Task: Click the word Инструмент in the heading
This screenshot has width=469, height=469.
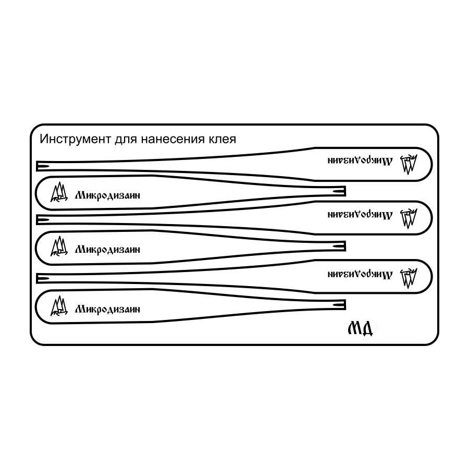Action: [x=75, y=139]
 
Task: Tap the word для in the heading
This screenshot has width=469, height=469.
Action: [x=126, y=140]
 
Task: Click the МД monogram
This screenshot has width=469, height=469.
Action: [x=360, y=328]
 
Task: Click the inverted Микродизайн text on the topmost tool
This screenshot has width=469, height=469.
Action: [x=360, y=161]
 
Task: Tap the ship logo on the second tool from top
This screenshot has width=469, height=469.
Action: [x=59, y=192]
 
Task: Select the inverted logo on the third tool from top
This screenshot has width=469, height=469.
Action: [x=409, y=218]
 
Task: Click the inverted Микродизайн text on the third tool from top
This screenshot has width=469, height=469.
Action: [x=360, y=215]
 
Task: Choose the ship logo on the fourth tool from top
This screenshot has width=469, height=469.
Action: [x=59, y=246]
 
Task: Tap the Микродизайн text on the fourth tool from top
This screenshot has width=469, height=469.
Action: [x=107, y=250]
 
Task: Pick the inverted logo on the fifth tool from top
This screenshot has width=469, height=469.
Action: [x=409, y=278]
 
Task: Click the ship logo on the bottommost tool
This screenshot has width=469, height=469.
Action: [x=59, y=306]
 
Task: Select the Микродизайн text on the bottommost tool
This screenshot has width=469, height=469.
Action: [x=107, y=309]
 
